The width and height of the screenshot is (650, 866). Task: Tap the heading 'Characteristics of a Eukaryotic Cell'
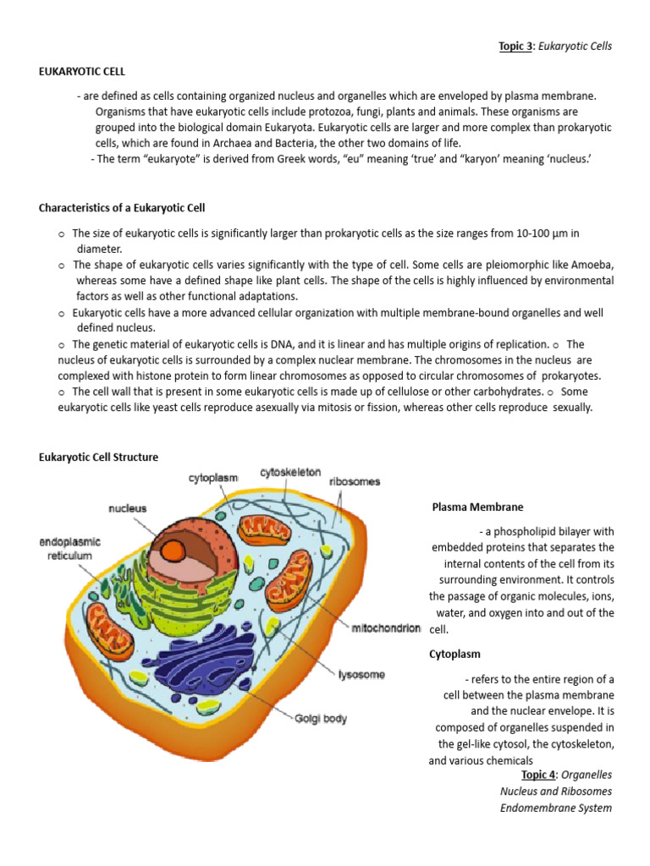[122, 208]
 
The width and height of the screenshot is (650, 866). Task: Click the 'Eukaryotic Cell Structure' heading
[98, 458]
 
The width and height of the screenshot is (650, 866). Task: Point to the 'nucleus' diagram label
[127, 508]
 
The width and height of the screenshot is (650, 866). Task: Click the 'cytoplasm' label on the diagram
[212, 478]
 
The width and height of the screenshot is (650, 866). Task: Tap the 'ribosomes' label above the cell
[354, 482]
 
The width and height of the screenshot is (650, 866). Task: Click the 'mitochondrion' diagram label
[386, 628]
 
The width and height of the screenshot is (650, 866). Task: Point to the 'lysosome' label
[361, 674]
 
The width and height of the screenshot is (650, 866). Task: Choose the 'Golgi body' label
[321, 719]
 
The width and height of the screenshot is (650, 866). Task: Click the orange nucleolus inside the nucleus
[174, 551]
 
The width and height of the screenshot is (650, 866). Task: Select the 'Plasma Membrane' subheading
[477, 507]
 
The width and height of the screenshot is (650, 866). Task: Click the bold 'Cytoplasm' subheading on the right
[455, 655]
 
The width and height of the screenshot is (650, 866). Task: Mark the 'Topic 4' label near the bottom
[535, 775]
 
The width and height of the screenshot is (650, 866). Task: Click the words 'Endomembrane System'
[555, 808]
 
